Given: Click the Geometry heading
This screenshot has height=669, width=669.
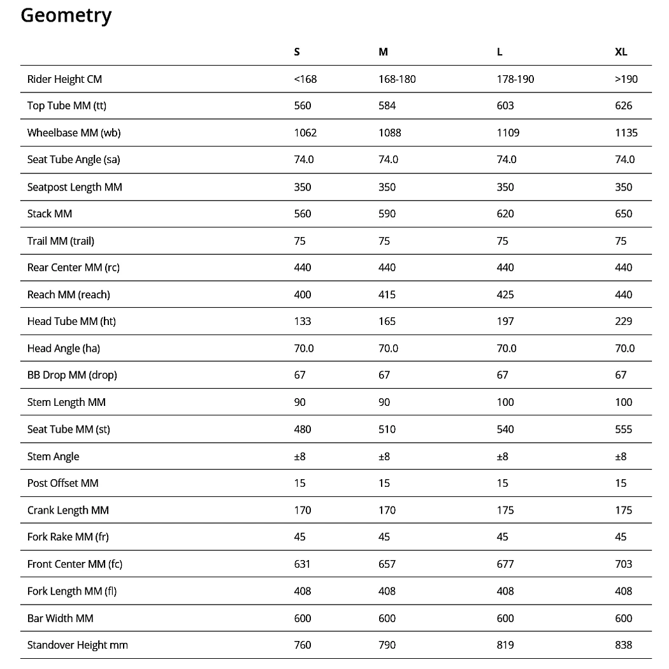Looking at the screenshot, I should click(x=66, y=15).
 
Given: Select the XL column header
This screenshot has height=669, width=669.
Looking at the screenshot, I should click(x=621, y=52).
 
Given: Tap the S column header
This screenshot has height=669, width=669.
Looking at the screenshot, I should click(x=297, y=52).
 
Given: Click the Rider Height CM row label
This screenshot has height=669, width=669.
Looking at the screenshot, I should click(x=64, y=79).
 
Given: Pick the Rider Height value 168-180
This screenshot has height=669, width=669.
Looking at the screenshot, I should click(x=397, y=79).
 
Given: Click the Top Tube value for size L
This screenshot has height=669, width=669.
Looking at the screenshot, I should click(x=505, y=106).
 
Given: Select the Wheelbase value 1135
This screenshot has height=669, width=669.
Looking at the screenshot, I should click(x=626, y=133).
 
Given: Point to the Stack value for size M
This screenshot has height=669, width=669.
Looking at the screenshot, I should click(x=387, y=213).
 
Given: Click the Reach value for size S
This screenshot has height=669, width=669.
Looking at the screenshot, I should click(x=303, y=294).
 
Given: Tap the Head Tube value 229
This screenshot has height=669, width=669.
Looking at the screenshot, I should click(x=624, y=321).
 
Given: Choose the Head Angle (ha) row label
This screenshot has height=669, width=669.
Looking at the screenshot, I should click(x=64, y=349).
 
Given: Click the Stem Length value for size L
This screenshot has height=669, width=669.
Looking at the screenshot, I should click(x=505, y=402).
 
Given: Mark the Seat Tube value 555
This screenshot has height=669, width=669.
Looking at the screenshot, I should click(x=624, y=429).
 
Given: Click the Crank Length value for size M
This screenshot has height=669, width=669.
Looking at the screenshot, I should click(x=387, y=510).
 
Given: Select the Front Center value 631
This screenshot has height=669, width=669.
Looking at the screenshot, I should click(x=302, y=564).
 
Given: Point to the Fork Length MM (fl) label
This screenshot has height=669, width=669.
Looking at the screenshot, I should click(x=72, y=591).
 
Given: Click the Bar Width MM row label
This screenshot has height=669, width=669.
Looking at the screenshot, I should click(x=61, y=618).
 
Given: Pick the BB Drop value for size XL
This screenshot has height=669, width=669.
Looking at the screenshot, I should click(x=621, y=375).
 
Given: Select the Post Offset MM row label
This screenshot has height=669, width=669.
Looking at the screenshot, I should click(x=63, y=483).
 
